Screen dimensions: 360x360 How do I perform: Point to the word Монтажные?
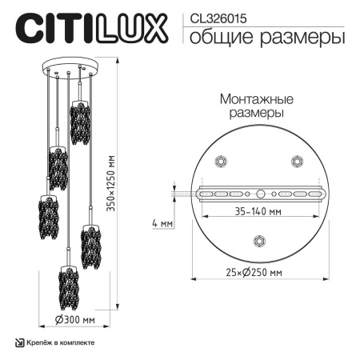[x=255, y=99]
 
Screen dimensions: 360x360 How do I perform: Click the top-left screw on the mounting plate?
[x=218, y=161]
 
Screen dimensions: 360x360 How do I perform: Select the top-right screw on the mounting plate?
[x=297, y=161]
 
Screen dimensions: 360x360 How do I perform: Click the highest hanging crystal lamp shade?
[x=78, y=122]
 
